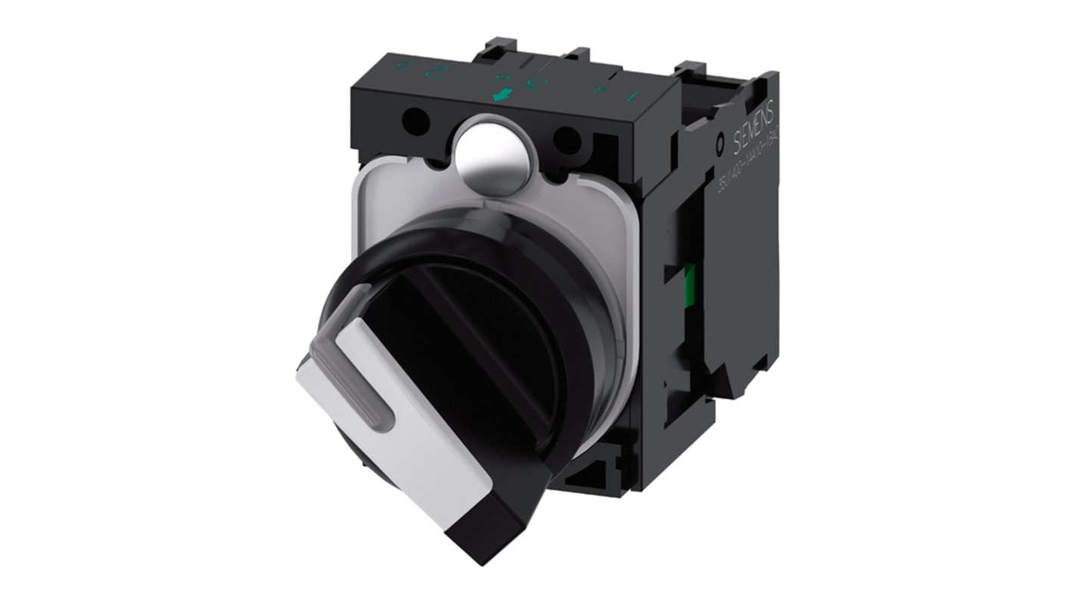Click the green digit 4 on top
(x=601, y=90)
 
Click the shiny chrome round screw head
(x=492, y=152)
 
